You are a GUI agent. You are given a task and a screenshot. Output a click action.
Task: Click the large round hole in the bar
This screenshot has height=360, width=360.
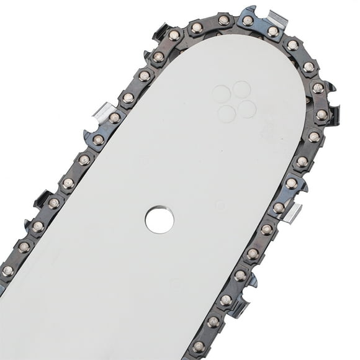pyautogui.click(x=160, y=220)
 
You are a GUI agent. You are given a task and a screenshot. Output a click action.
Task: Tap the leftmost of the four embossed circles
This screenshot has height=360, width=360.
pyautogui.click(x=221, y=94)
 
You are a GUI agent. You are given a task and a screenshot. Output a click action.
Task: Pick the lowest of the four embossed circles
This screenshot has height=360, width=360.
pyautogui.click(x=227, y=113)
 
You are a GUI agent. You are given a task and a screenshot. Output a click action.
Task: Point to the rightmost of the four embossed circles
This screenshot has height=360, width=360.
pyautogui.click(x=247, y=109)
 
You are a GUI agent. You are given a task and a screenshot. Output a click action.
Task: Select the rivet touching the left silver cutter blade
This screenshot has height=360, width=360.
pyautogui.click(x=114, y=118)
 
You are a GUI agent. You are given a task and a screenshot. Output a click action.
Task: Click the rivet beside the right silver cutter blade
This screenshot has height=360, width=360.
pyautogui.click(x=280, y=207)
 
